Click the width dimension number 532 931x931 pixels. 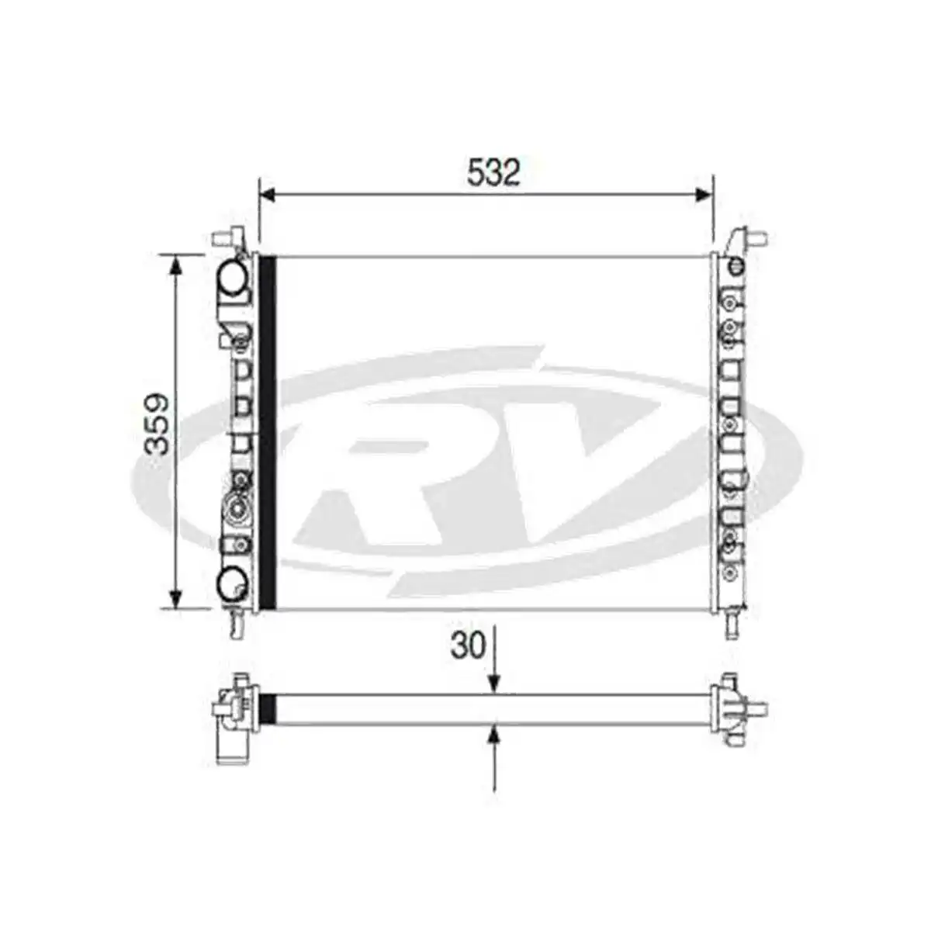click(x=493, y=172)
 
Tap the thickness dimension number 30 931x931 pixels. click(x=468, y=645)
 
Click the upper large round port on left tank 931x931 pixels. click(x=232, y=276)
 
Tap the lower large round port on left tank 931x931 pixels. click(x=232, y=581)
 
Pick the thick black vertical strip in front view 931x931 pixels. click(x=267, y=431)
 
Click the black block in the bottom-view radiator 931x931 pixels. click(x=267, y=708)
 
